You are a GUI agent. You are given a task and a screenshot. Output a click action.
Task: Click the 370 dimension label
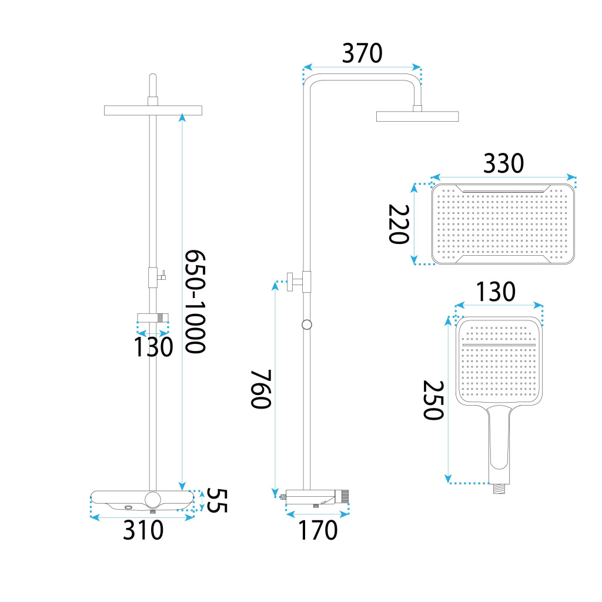coord(362,53)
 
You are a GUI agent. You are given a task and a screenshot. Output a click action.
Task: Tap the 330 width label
coord(503,163)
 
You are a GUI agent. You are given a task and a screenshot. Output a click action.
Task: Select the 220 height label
coord(399,224)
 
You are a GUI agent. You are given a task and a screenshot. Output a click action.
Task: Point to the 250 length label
coord(433,400)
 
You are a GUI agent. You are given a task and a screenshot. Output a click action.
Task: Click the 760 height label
coord(261,389)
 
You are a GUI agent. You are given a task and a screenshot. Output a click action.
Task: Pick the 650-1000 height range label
coord(195,302)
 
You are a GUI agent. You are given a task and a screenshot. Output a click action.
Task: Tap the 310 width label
coord(143,530)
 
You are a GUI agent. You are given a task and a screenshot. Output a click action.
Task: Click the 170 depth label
coord(318,530)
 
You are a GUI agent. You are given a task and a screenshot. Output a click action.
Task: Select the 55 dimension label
coord(218,500)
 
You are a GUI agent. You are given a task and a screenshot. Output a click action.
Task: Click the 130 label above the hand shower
coord(496,292)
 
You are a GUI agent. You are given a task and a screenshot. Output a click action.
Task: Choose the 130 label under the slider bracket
coord(153,347)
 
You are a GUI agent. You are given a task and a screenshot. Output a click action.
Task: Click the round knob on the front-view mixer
coord(153,499)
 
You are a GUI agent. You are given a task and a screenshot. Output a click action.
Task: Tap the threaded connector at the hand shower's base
coord(499,489)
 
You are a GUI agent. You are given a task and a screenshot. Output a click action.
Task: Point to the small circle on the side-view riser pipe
coord(307,325)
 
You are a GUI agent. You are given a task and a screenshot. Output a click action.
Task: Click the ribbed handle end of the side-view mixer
coord(345,496)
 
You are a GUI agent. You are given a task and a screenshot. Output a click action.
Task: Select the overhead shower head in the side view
coord(417,116)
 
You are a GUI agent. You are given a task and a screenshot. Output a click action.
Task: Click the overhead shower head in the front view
coord(153,110)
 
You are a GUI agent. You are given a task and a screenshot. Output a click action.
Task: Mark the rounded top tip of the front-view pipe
coord(153,75)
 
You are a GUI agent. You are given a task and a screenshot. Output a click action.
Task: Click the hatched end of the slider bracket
coord(163,317)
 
